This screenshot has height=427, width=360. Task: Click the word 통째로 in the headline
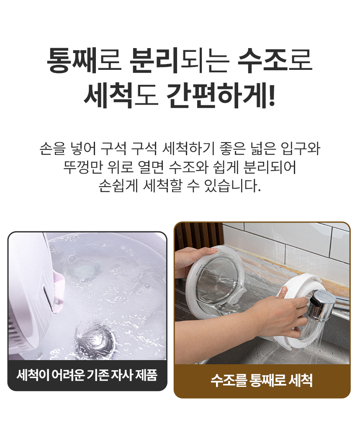[x=84, y=60]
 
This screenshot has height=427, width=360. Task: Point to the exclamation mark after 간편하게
[x=271, y=95]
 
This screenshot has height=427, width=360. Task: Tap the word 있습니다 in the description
[x=232, y=186]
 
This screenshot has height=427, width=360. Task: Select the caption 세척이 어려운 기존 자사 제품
[x=87, y=375]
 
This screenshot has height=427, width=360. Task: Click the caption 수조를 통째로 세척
[x=262, y=381]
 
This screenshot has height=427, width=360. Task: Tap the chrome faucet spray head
[x=322, y=305]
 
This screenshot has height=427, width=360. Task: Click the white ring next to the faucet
[x=297, y=310]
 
